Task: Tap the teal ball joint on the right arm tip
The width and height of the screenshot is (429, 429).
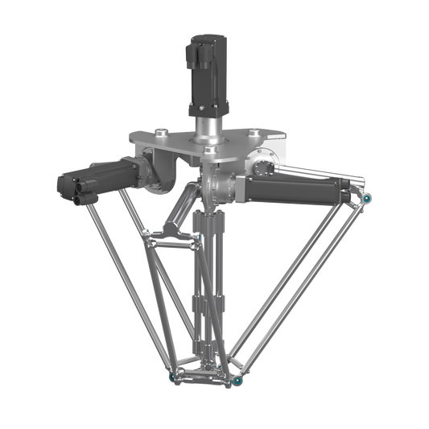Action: pyautogui.click(x=366, y=196)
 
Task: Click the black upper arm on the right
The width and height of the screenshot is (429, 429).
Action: pyautogui.click(x=298, y=186)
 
